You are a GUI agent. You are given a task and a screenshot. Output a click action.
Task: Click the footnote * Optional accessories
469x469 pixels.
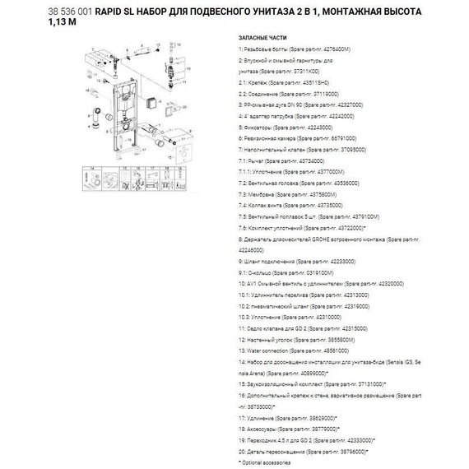point(262,462)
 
